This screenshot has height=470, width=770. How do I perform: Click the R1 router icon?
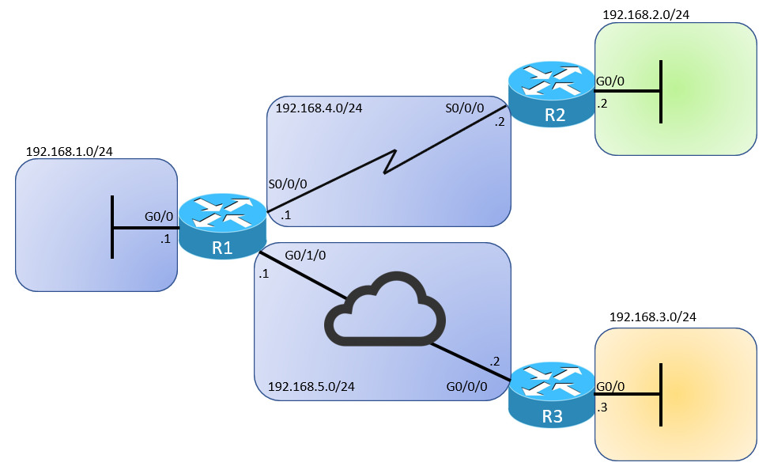(222, 227)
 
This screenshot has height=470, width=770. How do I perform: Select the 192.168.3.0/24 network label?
(653, 317)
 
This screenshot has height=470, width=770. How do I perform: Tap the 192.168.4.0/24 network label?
(319, 108)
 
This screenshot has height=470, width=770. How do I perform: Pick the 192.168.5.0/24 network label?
(311, 387)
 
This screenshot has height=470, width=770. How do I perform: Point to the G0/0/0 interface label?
(466, 387)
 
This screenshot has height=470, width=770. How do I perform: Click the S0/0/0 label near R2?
(465, 108)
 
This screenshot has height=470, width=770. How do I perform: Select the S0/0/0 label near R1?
(287, 184)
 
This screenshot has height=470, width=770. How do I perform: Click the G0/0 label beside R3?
(610, 387)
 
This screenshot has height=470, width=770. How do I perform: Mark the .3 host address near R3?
(602, 407)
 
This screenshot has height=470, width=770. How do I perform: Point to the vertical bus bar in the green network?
(660, 91)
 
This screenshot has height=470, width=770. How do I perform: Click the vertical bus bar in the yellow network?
(660, 394)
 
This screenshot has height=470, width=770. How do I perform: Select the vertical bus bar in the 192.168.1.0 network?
(112, 227)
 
